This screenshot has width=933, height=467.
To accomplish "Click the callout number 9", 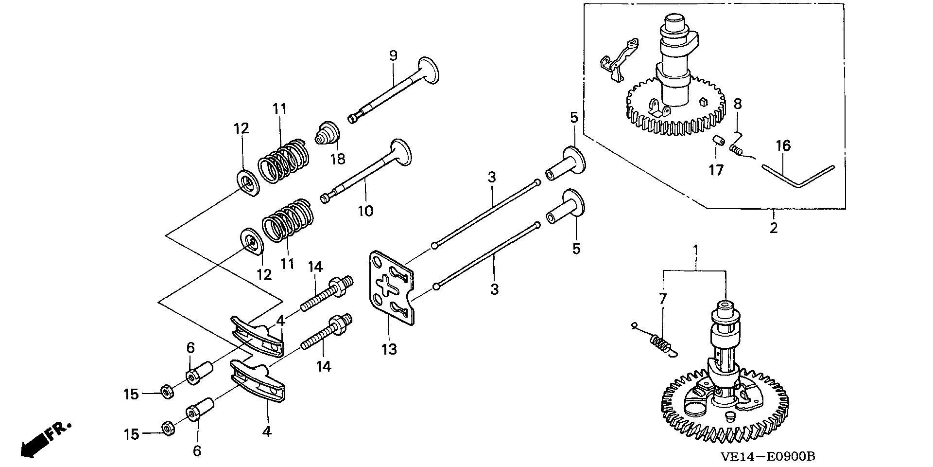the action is click(393, 55).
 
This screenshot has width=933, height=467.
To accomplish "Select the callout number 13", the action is click(389, 349).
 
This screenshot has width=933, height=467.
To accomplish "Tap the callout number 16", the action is click(783, 145).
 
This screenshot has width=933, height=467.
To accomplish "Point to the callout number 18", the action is click(338, 158).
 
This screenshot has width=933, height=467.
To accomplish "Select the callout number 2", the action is click(774, 227).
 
